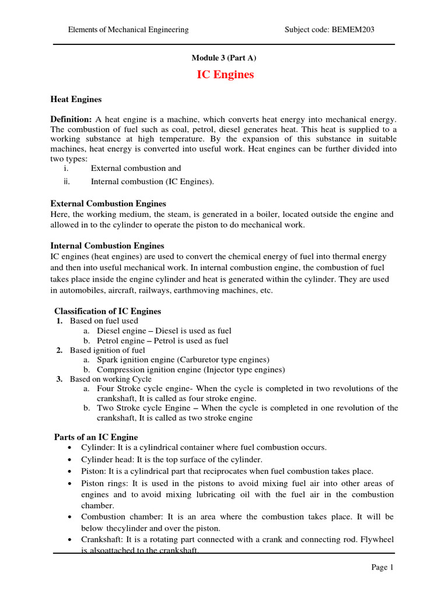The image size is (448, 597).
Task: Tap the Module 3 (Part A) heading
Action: tap(224, 58)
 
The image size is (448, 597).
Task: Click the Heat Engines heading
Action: tap(76, 100)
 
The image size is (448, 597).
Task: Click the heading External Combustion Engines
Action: tap(108, 203)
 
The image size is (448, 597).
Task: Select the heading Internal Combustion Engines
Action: tap(107, 245)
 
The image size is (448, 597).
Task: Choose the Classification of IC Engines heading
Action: tap(107, 311)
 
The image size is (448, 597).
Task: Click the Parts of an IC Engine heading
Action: tap(96, 437)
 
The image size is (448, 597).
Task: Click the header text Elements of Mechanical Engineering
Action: tap(128, 29)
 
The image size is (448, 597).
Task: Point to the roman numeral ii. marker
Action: tap(66, 181)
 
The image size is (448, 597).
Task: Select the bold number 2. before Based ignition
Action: tap(60, 350)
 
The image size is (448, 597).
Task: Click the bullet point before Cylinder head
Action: tap(70, 460)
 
